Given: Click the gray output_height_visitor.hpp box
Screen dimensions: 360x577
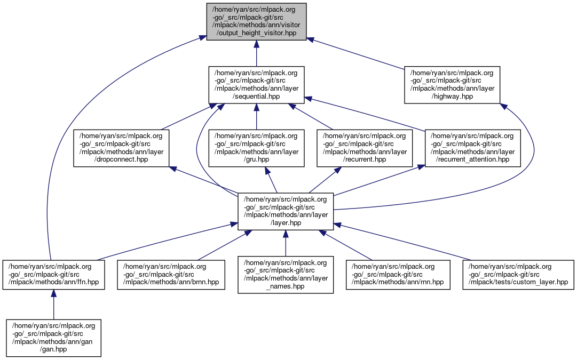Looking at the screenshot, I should click(x=256, y=21).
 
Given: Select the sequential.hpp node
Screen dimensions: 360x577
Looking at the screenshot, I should click(x=256, y=85).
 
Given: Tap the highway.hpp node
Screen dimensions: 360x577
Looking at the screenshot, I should click(x=452, y=85).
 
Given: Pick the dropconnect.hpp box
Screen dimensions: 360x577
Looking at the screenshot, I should click(x=121, y=148).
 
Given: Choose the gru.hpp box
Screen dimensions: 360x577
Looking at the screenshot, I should click(x=256, y=148).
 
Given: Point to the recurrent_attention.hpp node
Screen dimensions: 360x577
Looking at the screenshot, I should click(x=473, y=148).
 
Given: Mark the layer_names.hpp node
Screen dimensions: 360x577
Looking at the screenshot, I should click(x=286, y=274).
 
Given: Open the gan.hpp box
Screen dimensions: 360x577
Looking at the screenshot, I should click(x=53, y=338).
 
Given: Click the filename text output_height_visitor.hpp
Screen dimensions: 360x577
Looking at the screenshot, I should click(x=256, y=33).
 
